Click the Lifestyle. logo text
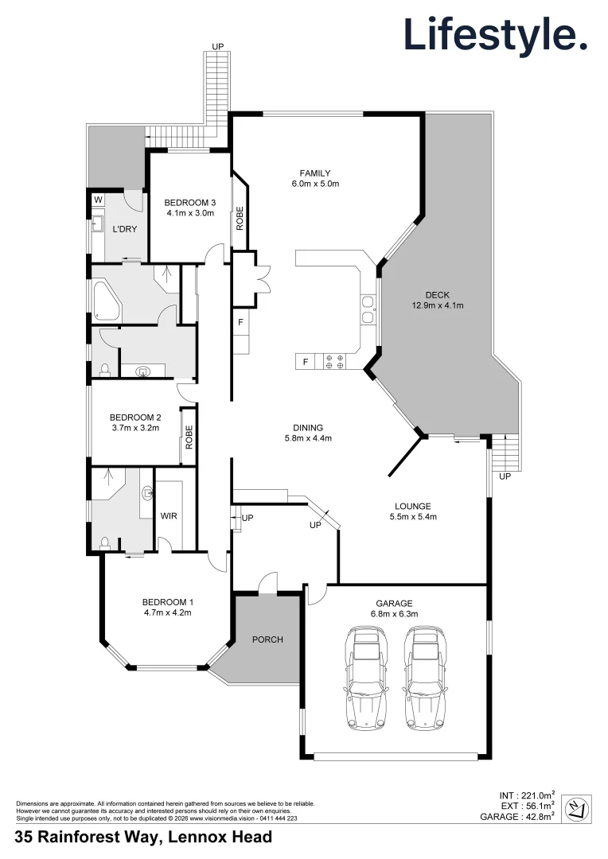coord(495,35)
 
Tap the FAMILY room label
coord(314,173)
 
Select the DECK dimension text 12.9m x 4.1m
coord(437,305)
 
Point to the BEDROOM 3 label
coord(190,202)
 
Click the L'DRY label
coord(124,229)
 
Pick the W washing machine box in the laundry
coord(98,199)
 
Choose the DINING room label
coord(307,428)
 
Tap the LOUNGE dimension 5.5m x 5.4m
coord(413,517)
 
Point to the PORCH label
coord(267,639)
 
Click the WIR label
coord(169,516)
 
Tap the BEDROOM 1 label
coord(167,602)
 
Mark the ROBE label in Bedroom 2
coord(189,437)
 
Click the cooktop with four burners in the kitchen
coord(335,362)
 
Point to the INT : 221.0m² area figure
coord(527,794)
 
